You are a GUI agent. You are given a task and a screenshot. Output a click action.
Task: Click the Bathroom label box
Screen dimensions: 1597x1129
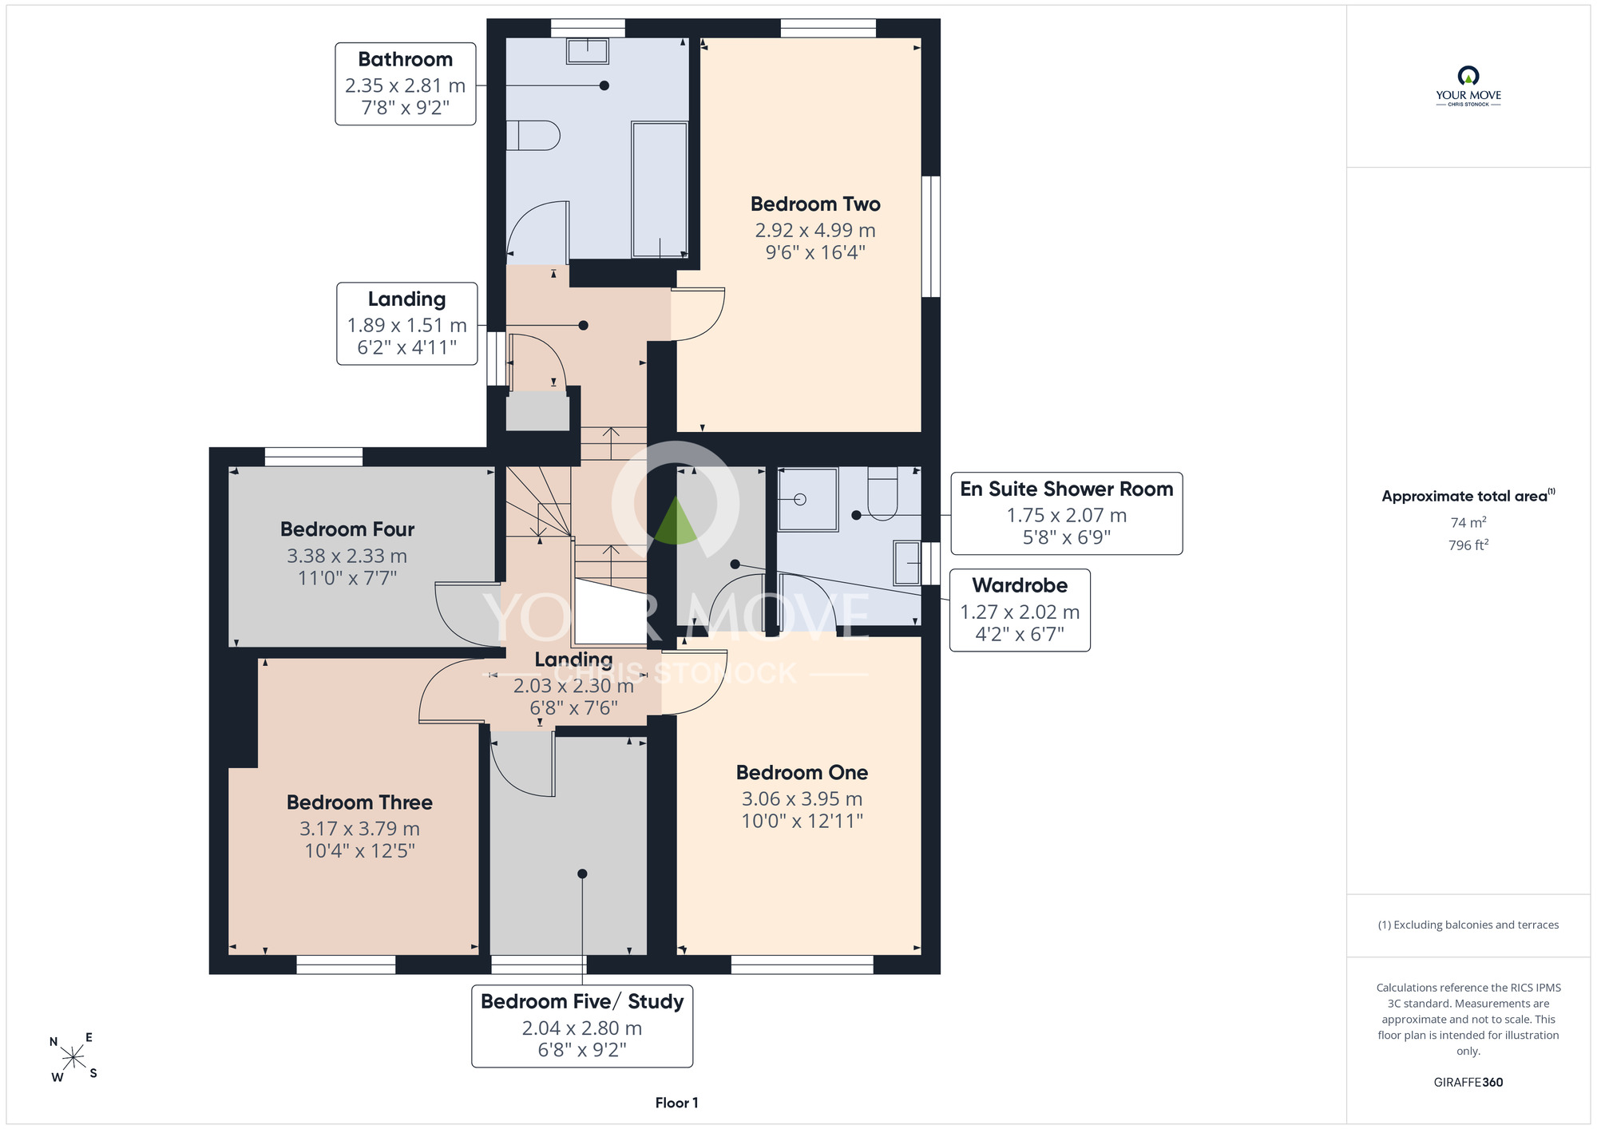(406, 84)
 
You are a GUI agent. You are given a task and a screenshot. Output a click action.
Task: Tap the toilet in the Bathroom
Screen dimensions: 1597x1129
(533, 135)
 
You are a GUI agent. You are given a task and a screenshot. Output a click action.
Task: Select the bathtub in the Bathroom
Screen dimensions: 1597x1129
(660, 190)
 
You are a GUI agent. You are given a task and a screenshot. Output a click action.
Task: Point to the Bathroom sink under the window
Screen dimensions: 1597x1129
(588, 50)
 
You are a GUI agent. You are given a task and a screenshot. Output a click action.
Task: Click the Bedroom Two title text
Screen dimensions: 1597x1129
(815, 204)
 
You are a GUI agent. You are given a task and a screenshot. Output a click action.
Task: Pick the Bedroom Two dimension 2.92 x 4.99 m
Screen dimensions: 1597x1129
(815, 231)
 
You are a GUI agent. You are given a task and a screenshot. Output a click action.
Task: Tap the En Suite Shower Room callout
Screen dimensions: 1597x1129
(1067, 513)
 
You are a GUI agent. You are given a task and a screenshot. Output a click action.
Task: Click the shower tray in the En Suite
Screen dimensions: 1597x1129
(808, 500)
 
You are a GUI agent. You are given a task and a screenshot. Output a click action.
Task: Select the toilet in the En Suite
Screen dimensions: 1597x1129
(882, 493)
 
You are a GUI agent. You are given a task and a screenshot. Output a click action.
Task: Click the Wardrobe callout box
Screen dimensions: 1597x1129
(1020, 610)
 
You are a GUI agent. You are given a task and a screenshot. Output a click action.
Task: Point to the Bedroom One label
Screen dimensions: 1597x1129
(802, 773)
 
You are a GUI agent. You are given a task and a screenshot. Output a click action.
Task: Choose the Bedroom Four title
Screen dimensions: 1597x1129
(347, 529)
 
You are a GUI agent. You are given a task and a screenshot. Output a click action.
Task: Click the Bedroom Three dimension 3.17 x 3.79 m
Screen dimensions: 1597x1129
(359, 829)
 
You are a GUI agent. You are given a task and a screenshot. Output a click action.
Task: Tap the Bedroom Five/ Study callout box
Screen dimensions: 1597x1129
(582, 1026)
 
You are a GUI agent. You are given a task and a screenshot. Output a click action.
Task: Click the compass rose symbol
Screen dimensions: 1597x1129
(73, 1058)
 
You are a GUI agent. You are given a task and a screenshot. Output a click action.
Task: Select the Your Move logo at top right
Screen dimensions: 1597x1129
(1468, 86)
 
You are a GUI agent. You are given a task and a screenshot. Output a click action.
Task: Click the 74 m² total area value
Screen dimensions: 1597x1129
(1468, 522)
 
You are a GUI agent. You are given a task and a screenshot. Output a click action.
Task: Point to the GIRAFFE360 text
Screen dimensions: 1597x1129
(1468, 1083)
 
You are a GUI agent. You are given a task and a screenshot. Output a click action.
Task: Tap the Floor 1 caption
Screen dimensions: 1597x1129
(677, 1103)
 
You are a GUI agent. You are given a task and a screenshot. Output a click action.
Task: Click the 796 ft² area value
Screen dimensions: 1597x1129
(1468, 545)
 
